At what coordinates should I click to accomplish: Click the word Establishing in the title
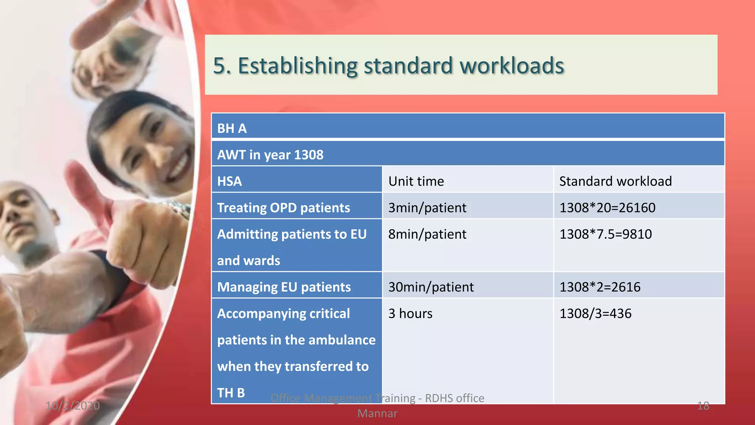[x=298, y=66]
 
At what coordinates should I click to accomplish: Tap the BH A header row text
[x=232, y=128]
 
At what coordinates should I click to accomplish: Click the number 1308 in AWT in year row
[x=308, y=155]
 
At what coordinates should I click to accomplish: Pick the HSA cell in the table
[x=229, y=182]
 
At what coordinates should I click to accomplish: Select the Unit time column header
[x=416, y=182]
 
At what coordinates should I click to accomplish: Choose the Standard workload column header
[x=615, y=182]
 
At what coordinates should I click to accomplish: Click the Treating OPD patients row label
[x=283, y=208]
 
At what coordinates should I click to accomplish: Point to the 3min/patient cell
[x=427, y=208]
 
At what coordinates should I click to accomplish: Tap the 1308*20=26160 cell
[x=607, y=208]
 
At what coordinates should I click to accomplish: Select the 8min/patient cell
[x=427, y=234]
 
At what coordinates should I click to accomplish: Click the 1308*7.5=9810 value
[x=605, y=234]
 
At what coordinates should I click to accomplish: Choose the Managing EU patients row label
[x=283, y=287]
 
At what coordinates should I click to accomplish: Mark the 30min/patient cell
[x=431, y=287]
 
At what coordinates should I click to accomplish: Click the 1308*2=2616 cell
[x=600, y=287]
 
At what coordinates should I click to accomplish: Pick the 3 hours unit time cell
[x=410, y=314]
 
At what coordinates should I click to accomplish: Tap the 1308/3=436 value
[x=595, y=314]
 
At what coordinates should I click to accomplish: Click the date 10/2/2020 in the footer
[x=73, y=406]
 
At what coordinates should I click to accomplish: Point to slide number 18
[x=703, y=406]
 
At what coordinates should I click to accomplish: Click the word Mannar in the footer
[x=377, y=414]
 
